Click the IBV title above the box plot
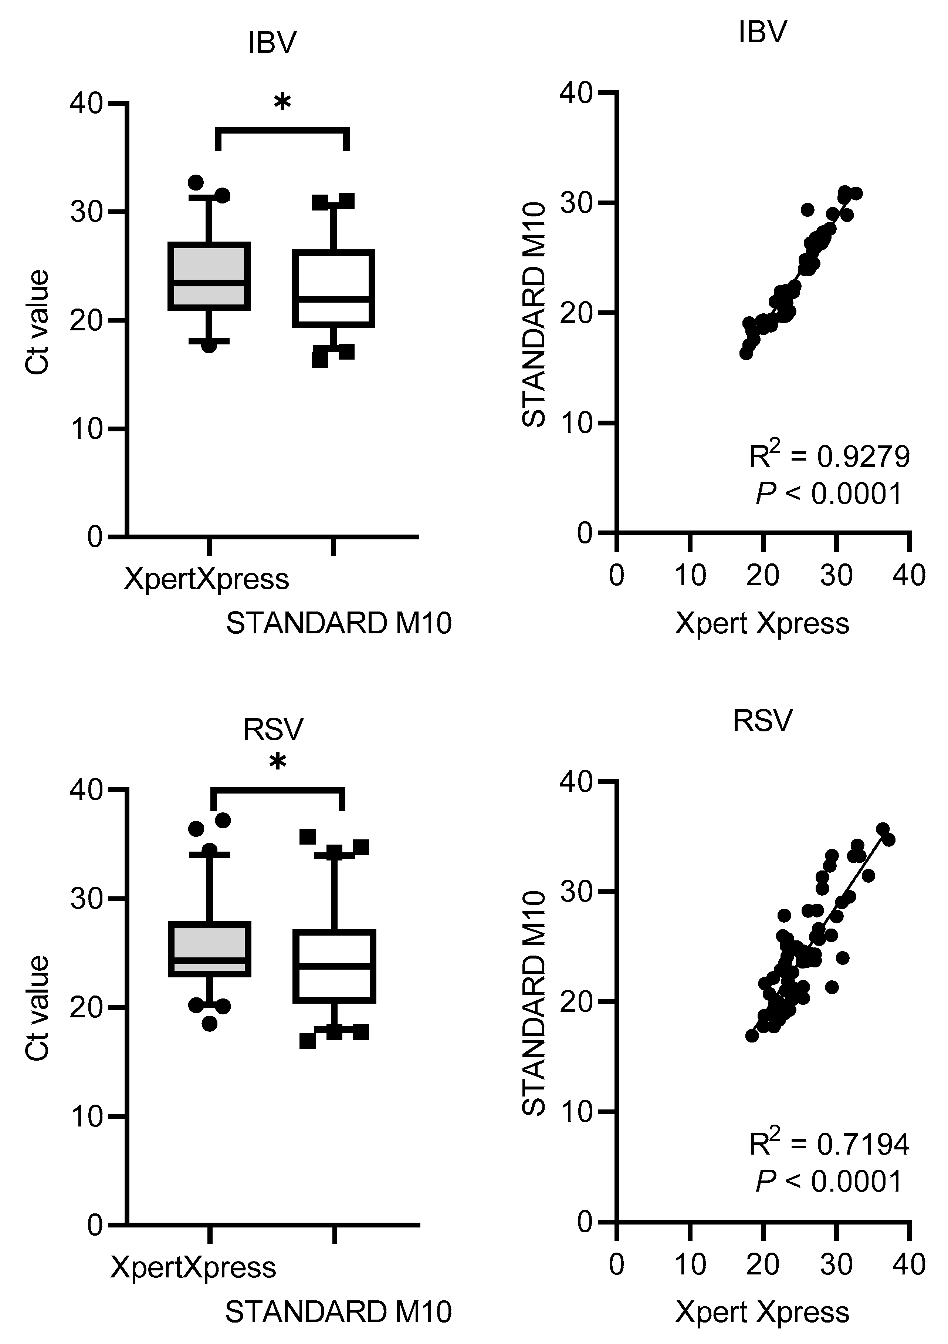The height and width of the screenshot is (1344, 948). (x=272, y=43)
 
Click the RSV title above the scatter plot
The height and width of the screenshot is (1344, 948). (x=762, y=720)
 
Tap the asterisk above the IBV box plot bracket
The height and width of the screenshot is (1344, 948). (x=282, y=103)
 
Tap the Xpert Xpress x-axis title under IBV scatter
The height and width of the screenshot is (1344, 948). (x=762, y=623)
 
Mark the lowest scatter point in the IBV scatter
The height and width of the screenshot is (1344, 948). (x=746, y=353)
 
